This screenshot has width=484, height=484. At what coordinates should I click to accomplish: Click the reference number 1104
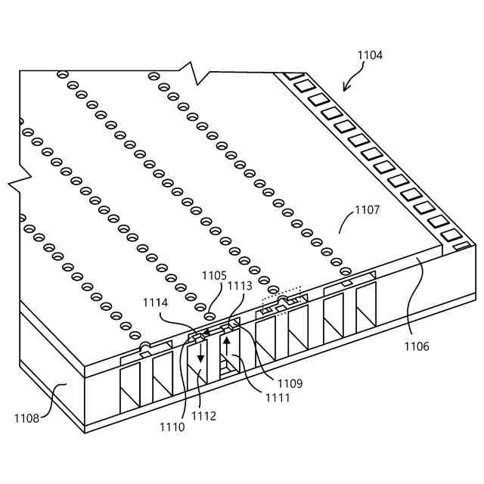(x=369, y=55)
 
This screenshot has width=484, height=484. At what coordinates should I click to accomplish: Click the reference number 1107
(x=367, y=209)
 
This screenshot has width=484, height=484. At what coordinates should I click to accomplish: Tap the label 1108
(x=27, y=417)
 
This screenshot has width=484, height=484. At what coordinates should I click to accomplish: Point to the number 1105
(x=213, y=277)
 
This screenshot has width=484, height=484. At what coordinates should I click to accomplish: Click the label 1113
(x=240, y=286)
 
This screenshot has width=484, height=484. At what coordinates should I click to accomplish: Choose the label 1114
(x=156, y=302)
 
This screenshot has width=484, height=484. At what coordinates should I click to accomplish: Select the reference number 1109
(x=290, y=383)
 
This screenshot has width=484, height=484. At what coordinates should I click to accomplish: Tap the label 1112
(x=203, y=415)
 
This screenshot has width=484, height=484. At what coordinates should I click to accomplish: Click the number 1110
(x=172, y=427)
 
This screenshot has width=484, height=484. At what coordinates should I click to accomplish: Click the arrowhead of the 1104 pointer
(x=347, y=88)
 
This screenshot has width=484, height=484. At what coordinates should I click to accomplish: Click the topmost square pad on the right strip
(x=293, y=76)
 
